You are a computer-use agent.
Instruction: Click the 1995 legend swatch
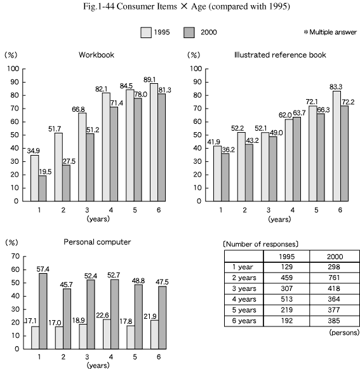pos(146,32)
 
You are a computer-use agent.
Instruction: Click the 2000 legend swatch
pos(189,32)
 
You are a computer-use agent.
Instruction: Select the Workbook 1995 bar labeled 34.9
pos(35,178)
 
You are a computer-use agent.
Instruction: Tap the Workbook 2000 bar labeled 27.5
pos(67,183)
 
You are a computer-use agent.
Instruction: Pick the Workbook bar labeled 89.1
pos(154,142)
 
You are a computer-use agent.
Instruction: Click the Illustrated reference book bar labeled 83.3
pos(337,146)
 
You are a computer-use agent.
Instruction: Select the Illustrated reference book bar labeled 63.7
pos(297,159)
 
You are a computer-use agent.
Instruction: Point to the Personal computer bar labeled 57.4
pos(43,311)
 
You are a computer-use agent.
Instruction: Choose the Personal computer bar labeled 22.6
pos(107,334)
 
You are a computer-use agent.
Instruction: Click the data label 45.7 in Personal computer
pos(67,285)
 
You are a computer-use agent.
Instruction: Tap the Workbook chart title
pos(97,55)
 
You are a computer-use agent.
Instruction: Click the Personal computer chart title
pos(97,242)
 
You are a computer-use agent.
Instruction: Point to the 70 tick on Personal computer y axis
pos(15,257)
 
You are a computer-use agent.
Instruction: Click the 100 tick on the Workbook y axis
pos(13,69)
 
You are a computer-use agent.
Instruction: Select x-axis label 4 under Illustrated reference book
pos(293,210)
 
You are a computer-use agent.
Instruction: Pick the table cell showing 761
pos(334,278)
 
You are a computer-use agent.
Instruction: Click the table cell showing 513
pos(287,299)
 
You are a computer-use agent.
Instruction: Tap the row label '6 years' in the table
pos(244,321)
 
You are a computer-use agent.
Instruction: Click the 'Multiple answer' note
pos(330,32)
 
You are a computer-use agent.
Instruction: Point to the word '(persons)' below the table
pos(345,333)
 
